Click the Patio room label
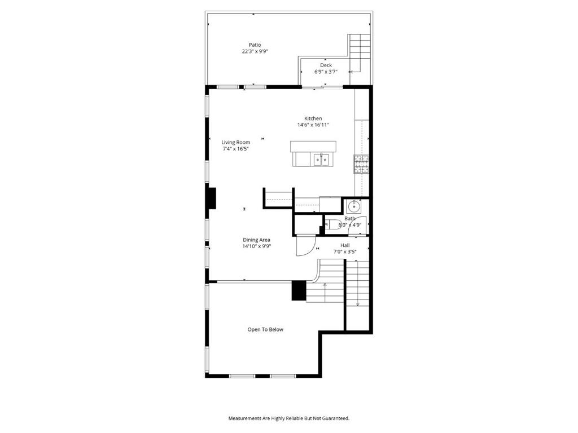pos(255,45)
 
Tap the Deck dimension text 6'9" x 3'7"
pos(326,72)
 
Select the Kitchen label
pos(313,118)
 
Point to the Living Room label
pos(236,142)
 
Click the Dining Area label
pos(257,240)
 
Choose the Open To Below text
pos(265,329)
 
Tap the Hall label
pos(345,245)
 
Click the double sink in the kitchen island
pos(321,160)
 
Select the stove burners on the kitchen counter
pos(362,164)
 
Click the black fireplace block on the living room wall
pos(211,198)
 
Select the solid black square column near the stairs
pos(299,290)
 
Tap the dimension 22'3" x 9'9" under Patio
pos(255,51)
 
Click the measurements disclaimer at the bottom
pos(289,418)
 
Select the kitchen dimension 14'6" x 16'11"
pos(313,125)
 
